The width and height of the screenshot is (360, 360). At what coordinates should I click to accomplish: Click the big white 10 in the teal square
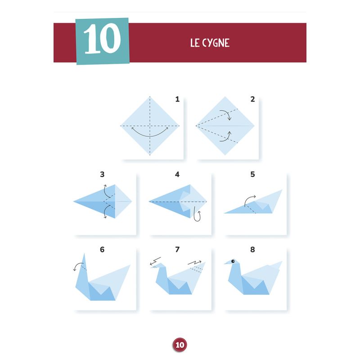(103, 39)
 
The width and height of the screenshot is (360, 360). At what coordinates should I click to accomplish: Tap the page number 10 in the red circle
(180, 345)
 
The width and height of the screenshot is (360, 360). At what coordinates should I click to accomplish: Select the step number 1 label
(177, 99)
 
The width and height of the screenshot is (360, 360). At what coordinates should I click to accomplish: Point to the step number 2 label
(252, 99)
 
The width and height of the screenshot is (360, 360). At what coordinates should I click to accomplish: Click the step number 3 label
(102, 174)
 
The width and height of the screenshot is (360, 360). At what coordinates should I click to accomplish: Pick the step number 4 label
(177, 174)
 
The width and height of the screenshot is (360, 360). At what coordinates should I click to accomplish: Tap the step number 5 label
(252, 174)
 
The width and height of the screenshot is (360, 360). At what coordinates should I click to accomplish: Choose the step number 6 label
(102, 249)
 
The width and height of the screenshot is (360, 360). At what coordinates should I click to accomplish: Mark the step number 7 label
(177, 249)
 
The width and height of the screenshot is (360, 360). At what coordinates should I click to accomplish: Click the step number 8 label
(252, 249)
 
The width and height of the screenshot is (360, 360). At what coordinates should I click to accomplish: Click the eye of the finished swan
(233, 261)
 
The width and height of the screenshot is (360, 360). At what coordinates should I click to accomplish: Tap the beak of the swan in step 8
(227, 262)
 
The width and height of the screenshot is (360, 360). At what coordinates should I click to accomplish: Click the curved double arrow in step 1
(150, 136)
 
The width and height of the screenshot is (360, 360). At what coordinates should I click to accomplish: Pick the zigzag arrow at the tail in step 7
(195, 262)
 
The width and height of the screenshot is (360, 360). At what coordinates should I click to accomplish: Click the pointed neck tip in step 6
(84, 253)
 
